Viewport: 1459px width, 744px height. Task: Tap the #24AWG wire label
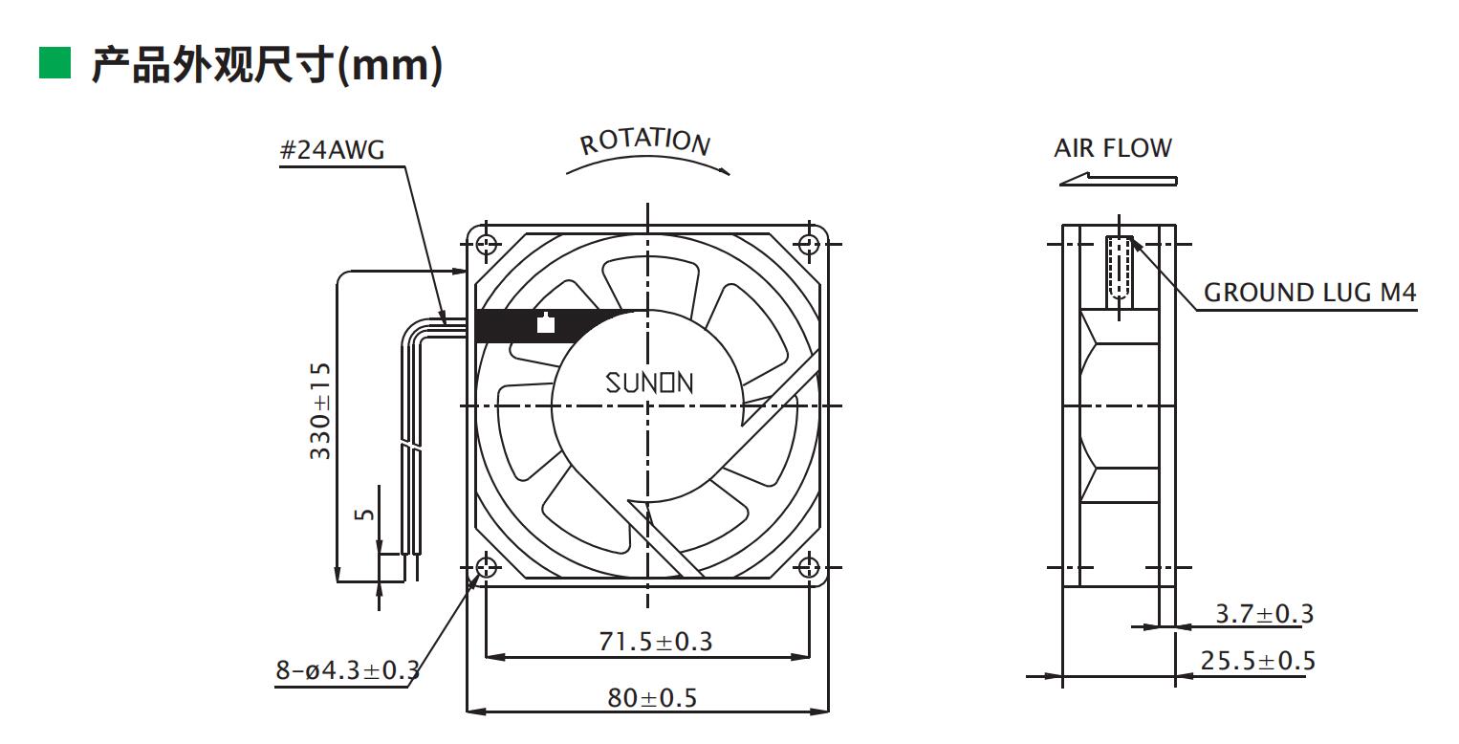click(x=334, y=150)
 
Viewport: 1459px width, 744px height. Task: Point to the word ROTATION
click(x=646, y=142)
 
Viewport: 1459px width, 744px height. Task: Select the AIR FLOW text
click(x=1112, y=148)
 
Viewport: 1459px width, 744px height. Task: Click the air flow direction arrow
click(x=1118, y=179)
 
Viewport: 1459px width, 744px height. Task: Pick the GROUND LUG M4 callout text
click(x=1309, y=293)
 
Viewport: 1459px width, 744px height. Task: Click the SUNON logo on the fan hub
click(x=650, y=383)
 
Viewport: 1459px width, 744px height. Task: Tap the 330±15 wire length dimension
click(x=321, y=411)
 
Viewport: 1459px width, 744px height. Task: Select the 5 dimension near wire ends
click(x=364, y=514)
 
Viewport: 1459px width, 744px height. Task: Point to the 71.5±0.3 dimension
click(x=655, y=641)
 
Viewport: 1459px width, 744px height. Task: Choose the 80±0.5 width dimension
click(x=653, y=698)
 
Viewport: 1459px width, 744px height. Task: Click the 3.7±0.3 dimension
click(x=1264, y=614)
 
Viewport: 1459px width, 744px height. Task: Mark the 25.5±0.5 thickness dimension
click(x=1258, y=661)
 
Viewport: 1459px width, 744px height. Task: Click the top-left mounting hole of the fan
click(x=486, y=244)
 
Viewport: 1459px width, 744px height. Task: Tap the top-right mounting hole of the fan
click(x=810, y=244)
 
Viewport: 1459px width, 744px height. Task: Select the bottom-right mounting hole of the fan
click(x=810, y=567)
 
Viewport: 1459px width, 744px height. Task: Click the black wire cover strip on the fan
click(x=555, y=326)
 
